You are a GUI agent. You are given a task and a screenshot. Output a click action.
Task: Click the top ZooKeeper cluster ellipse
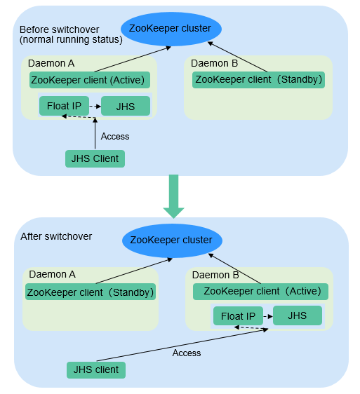[171, 29]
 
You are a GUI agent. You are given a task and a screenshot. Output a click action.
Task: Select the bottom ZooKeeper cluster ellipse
[173, 240]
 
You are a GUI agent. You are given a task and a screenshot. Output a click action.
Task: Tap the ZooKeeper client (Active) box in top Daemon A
[90, 80]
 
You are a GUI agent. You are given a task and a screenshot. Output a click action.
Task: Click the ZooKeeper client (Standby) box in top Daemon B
[258, 80]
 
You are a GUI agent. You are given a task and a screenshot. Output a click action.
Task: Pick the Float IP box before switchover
[64, 106]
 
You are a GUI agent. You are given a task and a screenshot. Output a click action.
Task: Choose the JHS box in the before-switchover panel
[126, 107]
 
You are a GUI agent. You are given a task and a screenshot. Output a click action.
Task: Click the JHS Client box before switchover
[95, 159]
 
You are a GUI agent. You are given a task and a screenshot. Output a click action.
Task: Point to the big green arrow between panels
[173, 196]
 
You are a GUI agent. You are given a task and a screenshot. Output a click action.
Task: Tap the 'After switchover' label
[56, 236]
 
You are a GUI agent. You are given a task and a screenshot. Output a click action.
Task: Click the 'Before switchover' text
[60, 29]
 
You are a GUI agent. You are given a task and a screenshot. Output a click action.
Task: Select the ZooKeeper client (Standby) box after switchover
[91, 292]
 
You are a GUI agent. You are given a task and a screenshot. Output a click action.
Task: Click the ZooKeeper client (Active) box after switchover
[260, 292]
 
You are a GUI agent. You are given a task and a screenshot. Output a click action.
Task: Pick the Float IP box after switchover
[238, 316]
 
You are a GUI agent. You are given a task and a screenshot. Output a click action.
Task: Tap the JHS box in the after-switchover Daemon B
[298, 315]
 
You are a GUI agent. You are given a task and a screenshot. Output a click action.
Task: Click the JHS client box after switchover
[96, 370]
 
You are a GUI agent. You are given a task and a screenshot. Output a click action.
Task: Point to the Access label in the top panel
[115, 137]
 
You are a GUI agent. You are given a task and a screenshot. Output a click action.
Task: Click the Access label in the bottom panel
[187, 353]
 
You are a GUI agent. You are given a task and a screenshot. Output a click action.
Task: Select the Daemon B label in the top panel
[214, 63]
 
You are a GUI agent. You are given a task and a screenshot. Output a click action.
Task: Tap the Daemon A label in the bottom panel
[53, 274]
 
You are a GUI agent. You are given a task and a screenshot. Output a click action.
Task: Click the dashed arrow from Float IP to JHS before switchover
[95, 107]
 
